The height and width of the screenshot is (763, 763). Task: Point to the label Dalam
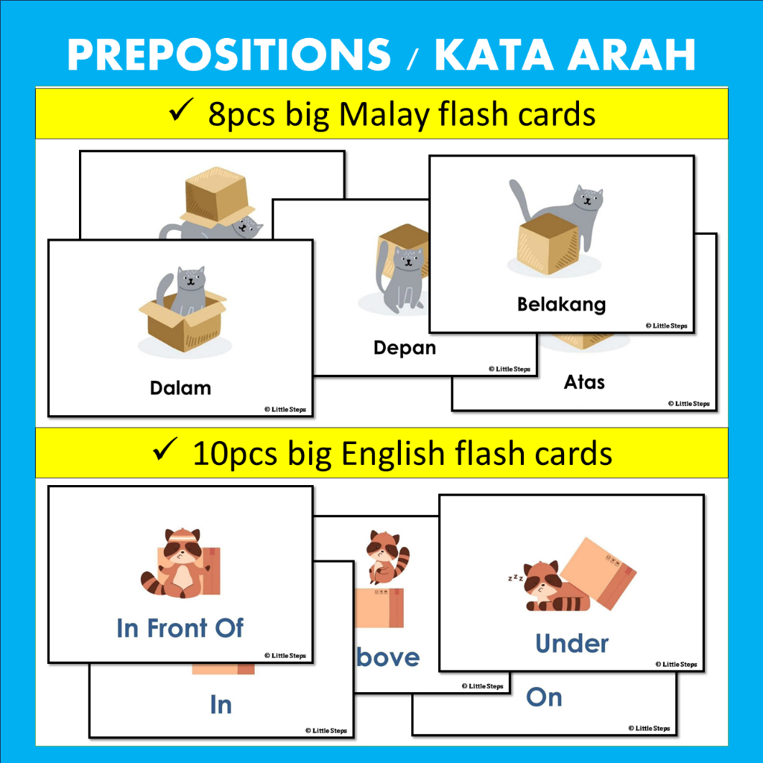180,387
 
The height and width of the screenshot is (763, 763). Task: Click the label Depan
405,348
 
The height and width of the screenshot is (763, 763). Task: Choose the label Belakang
561,304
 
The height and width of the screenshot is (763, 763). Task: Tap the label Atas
584,382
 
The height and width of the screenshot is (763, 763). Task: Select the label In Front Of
180,628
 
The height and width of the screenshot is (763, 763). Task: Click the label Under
572,643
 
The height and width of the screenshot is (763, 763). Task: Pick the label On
544,697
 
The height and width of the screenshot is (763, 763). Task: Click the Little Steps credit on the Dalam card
284,408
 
